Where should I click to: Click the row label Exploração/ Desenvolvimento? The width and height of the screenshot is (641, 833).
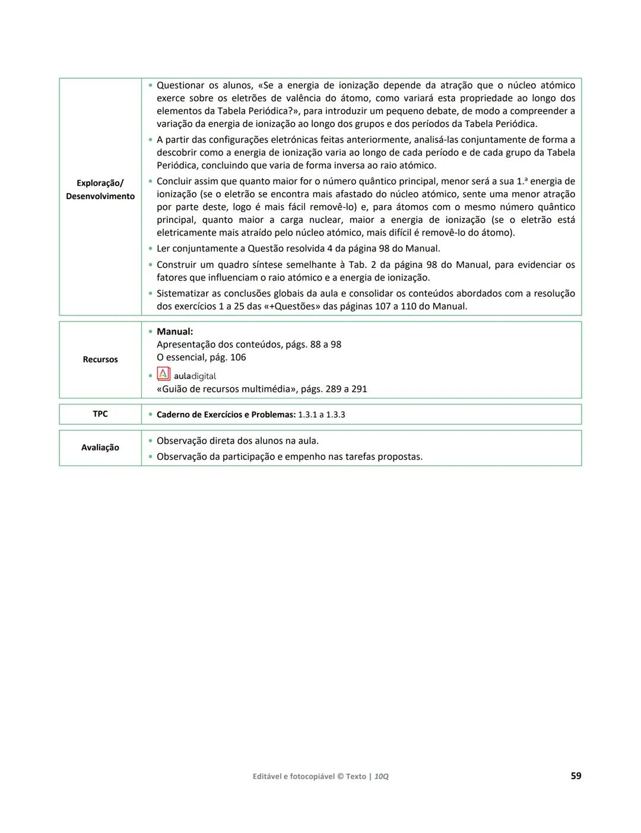100,190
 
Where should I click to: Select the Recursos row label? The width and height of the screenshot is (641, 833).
100,359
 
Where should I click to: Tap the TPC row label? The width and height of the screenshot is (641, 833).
100,414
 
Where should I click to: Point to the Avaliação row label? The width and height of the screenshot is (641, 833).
100,448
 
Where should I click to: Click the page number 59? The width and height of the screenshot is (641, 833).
575,775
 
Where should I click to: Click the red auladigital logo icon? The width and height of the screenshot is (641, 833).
163,374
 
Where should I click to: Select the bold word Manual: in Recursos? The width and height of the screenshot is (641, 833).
174,331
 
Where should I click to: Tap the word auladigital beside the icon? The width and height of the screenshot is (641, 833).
195,376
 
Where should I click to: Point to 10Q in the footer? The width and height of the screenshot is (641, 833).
381,776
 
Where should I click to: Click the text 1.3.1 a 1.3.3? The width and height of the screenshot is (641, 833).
321,414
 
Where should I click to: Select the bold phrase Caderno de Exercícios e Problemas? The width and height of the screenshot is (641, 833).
226,414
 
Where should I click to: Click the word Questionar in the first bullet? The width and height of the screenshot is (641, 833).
180,85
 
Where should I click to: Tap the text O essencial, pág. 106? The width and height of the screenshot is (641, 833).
201,358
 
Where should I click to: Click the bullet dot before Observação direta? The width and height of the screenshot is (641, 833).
150,441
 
